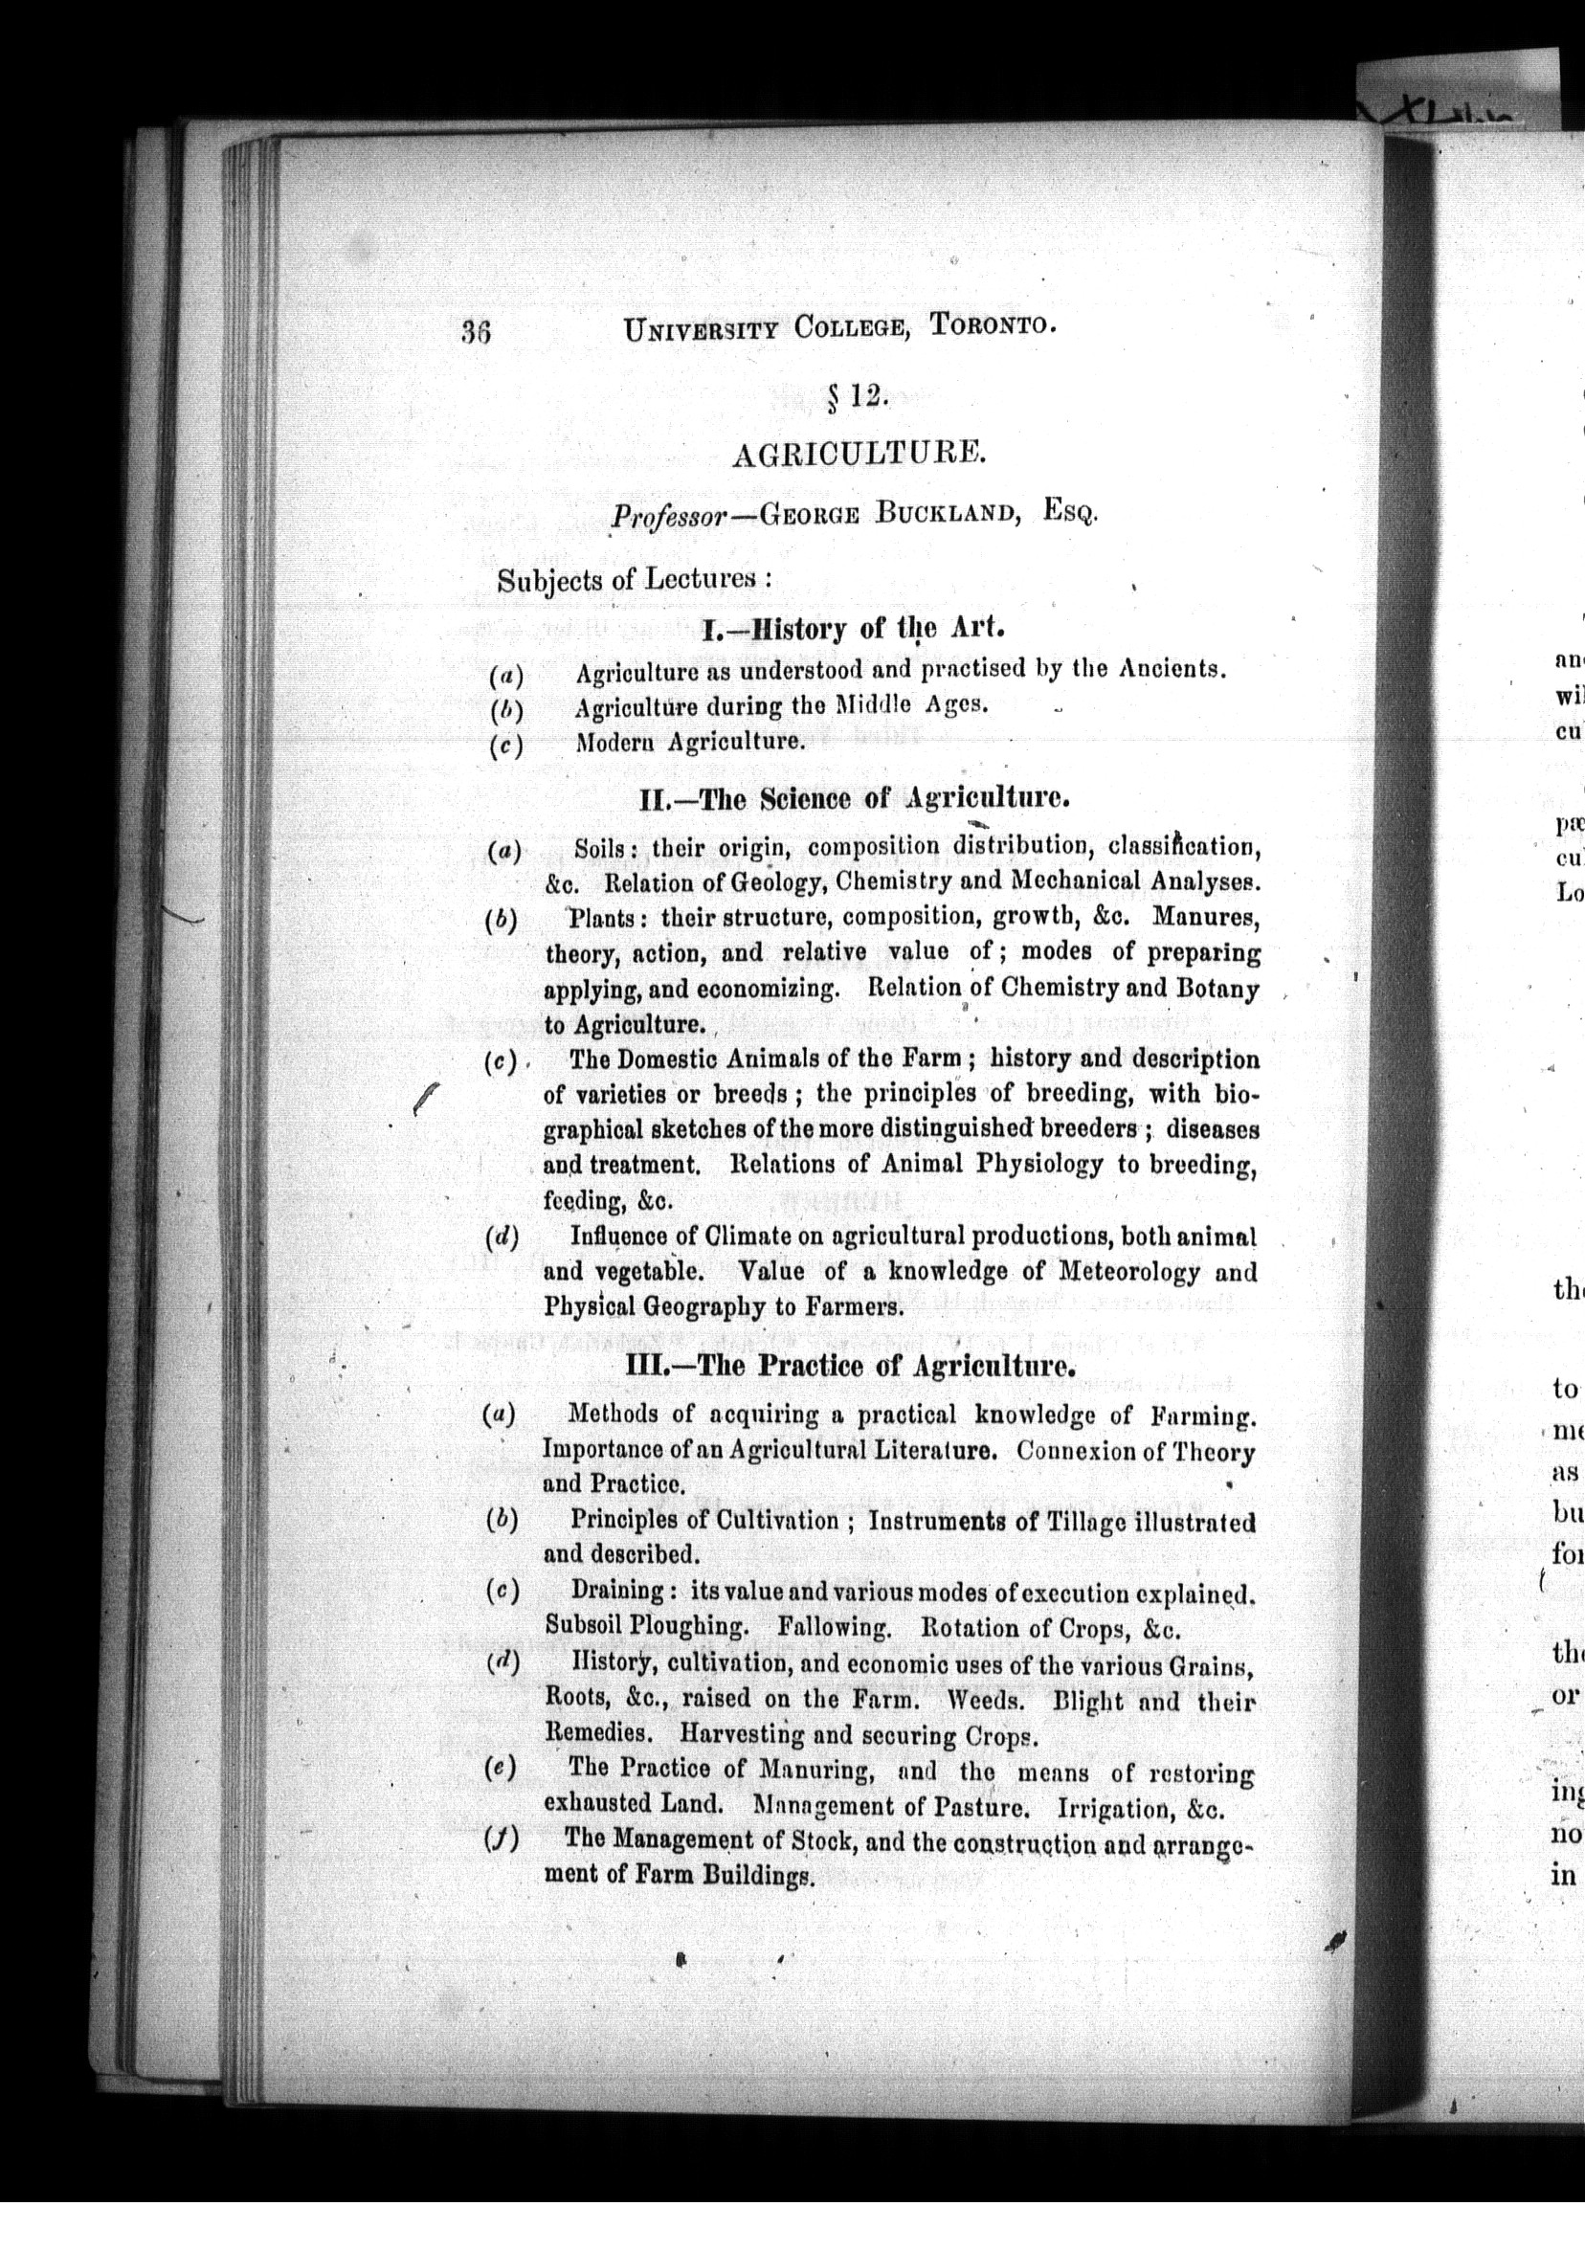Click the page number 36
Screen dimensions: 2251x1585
(x=476, y=332)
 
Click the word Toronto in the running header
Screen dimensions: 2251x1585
(x=992, y=324)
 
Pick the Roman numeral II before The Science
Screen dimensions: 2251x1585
(x=653, y=799)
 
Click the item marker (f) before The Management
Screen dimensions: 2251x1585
(x=501, y=1840)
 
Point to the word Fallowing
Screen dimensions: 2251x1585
(x=834, y=1627)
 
